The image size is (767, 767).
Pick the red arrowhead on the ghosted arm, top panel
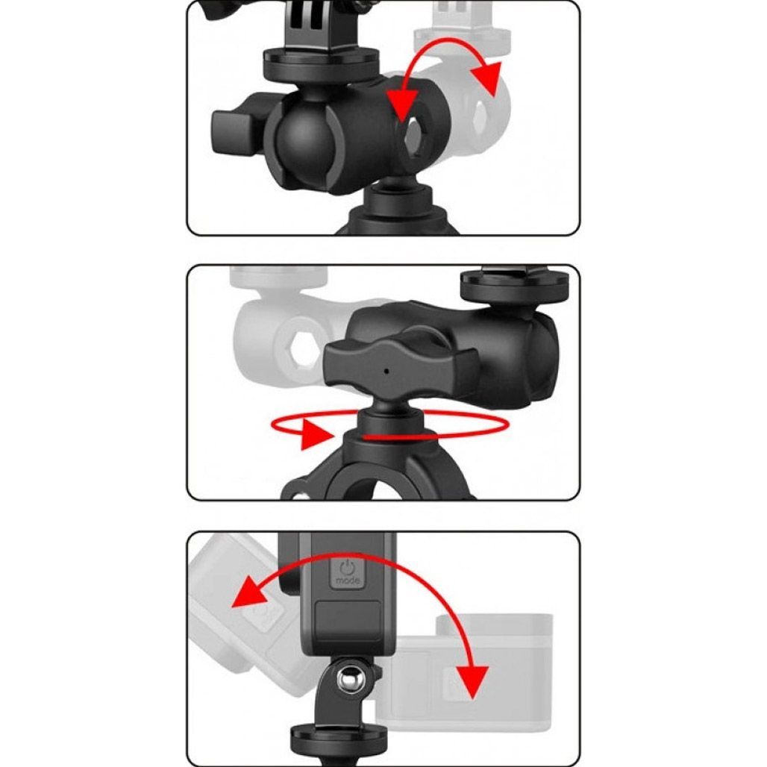(486, 78)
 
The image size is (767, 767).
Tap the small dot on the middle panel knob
(386, 371)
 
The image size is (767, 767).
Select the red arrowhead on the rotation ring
(316, 433)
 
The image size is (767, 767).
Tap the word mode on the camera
(348, 580)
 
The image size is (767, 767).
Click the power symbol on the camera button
(347, 568)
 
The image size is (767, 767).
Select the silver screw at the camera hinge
(349, 677)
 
